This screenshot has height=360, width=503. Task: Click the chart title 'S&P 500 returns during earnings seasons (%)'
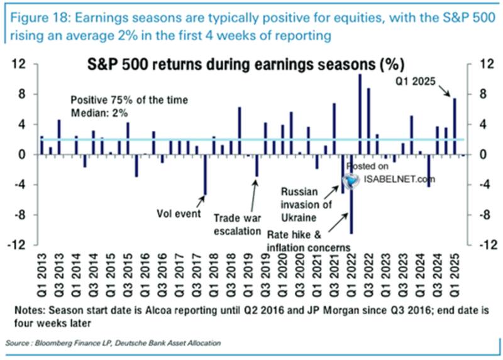(x=245, y=65)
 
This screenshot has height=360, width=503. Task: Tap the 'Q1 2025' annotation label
(x=416, y=82)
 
